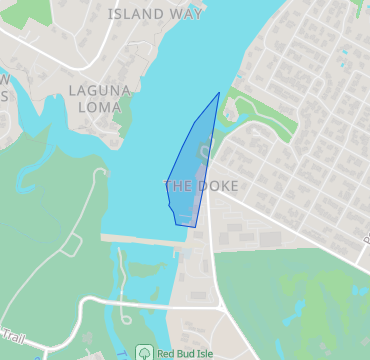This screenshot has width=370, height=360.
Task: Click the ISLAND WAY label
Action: click(x=155, y=14)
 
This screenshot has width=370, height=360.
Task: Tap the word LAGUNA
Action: click(x=100, y=90)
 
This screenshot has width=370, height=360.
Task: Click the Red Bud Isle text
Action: click(x=189, y=353)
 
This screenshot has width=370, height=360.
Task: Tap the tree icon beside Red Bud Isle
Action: click(x=144, y=353)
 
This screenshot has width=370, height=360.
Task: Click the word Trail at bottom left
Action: click(x=12, y=337)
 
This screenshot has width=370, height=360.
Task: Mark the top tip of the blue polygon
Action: click(x=219, y=93)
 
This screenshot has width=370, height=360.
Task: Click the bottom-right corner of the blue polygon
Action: click(x=194, y=226)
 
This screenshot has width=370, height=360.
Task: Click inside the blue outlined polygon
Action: click(x=192, y=170)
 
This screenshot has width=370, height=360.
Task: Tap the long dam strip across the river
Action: click(x=140, y=240)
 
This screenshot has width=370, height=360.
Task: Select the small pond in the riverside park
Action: click(x=233, y=115)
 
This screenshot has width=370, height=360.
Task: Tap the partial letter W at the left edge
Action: click(x=4, y=79)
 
